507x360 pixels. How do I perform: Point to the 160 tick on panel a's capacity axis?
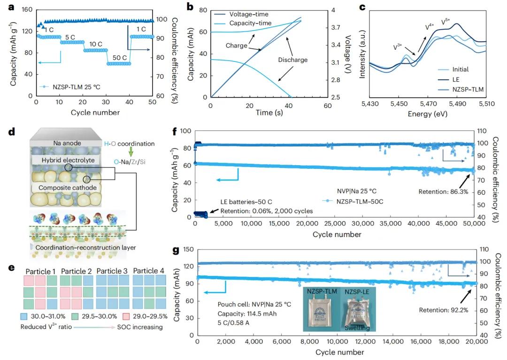point(28,10)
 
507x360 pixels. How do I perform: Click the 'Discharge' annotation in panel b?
point(292,60)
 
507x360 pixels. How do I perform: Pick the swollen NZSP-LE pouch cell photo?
point(359,310)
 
